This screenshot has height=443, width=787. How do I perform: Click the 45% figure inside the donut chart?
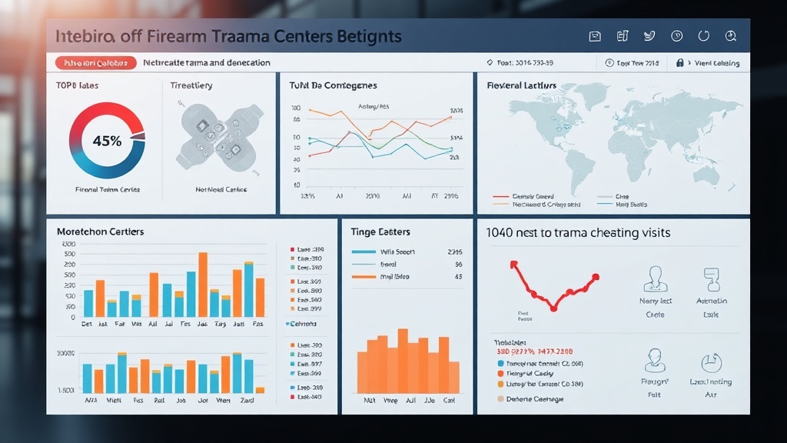107,141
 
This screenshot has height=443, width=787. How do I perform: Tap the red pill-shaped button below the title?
96,63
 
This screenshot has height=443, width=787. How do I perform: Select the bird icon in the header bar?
649,36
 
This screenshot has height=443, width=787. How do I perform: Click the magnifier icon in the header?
731,36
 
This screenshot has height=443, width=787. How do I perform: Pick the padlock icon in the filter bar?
679,63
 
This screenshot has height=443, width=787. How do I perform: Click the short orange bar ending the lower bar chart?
260,390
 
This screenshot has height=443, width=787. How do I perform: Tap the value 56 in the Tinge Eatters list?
458,264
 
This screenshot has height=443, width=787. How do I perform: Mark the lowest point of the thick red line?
553,308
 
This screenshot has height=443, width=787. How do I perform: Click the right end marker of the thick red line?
596,277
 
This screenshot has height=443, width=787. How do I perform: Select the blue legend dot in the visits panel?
502,363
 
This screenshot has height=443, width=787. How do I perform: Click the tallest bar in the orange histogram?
403,361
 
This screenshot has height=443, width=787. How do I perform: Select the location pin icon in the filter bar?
490,63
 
